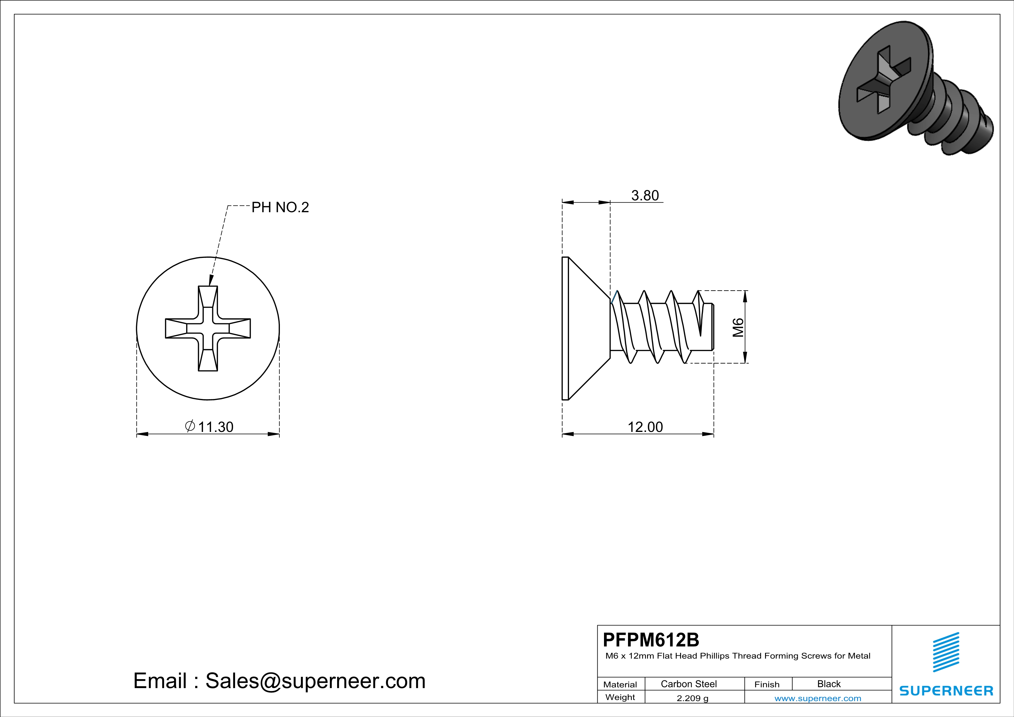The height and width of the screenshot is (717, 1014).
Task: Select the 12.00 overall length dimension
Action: pos(645,427)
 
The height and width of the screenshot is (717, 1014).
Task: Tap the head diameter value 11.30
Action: pos(215,427)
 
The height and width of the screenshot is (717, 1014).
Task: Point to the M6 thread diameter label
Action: pos(738,327)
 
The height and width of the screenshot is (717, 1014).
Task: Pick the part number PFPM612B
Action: pos(651,640)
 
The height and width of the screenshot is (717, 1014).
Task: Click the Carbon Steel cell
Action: pos(688,684)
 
